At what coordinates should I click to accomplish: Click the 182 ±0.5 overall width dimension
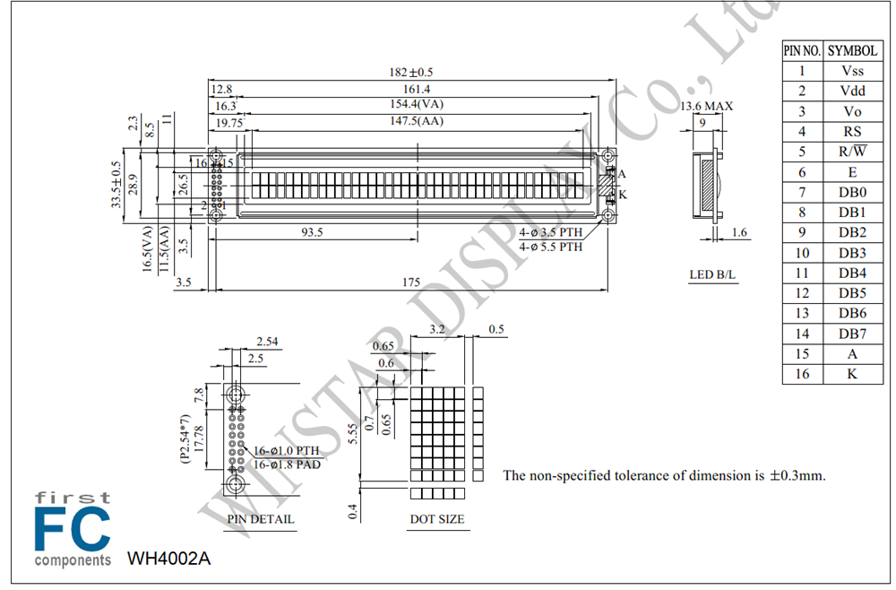(411, 72)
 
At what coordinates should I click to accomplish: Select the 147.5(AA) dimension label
(417, 121)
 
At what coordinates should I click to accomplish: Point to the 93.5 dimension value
(312, 231)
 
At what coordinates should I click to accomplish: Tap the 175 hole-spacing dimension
(411, 282)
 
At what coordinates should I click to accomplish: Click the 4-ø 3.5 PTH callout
(551, 232)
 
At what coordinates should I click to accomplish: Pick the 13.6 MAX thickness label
(706, 107)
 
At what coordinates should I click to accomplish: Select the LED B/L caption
(712, 274)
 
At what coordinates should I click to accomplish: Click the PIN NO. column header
(802, 51)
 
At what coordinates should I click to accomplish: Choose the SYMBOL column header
(853, 51)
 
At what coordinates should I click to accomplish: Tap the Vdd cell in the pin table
(853, 91)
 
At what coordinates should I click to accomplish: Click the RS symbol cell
(853, 132)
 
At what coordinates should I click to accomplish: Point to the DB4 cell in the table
(853, 273)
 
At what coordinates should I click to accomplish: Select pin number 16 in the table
(802, 374)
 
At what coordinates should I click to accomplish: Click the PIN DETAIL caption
(261, 519)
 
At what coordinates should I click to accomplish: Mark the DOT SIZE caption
(437, 519)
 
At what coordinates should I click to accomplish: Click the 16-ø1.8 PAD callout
(287, 464)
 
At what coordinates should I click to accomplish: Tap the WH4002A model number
(168, 558)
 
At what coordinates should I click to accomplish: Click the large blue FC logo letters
(72, 528)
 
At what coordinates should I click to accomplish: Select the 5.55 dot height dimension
(352, 433)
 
